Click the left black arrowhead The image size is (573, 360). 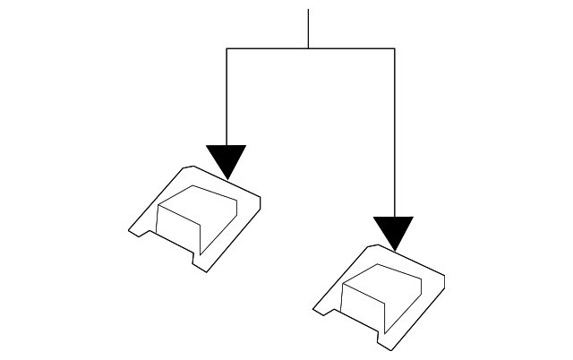point(226,159)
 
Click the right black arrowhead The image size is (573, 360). point(394,230)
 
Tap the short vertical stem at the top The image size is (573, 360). point(308,29)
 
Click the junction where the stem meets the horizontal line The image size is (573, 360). point(308,48)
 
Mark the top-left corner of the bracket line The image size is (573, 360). point(226,48)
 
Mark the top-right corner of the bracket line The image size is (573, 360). point(394,48)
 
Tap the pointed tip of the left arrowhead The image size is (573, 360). point(226,180)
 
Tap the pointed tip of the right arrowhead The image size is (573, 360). point(394,252)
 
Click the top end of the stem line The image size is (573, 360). point(308,11)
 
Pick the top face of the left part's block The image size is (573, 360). point(202,201)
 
